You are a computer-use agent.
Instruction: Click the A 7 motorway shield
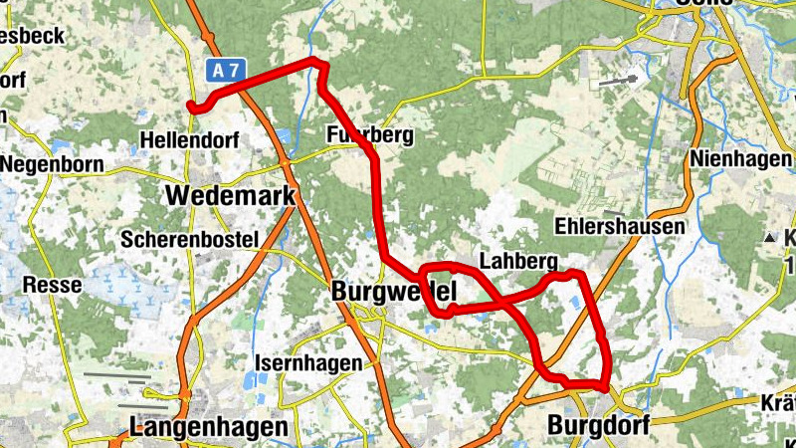[226, 71]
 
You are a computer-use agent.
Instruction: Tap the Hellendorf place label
[190, 140]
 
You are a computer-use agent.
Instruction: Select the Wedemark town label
[232, 195]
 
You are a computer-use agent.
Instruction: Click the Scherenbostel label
[189, 239]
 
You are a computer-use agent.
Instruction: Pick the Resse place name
[52, 285]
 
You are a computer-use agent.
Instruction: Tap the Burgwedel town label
[394, 293]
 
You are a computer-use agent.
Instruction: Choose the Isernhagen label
[308, 363]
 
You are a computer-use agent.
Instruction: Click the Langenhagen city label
[209, 427]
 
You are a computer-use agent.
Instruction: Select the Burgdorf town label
[598, 426]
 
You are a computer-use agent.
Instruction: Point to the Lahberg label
[516, 261]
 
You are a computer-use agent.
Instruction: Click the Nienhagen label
[740, 159]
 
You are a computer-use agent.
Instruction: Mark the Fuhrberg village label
[368, 135]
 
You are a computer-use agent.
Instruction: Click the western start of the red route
[191, 105]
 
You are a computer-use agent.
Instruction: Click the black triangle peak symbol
[769, 238]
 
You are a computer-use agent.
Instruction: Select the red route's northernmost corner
[316, 62]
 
